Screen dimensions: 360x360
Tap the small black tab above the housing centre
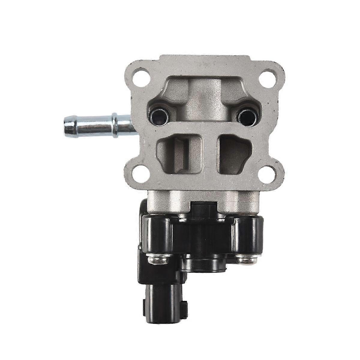coord(204,207)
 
